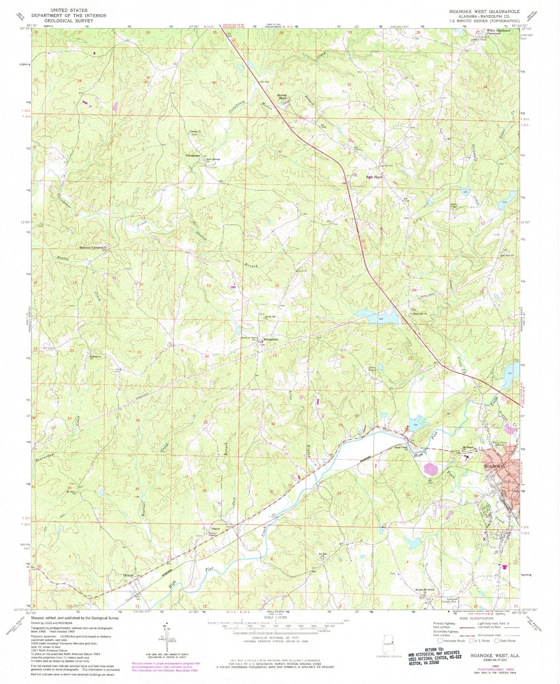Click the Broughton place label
pyautogui.click(x=271, y=339)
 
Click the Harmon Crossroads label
pyautogui.click(x=93, y=247)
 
